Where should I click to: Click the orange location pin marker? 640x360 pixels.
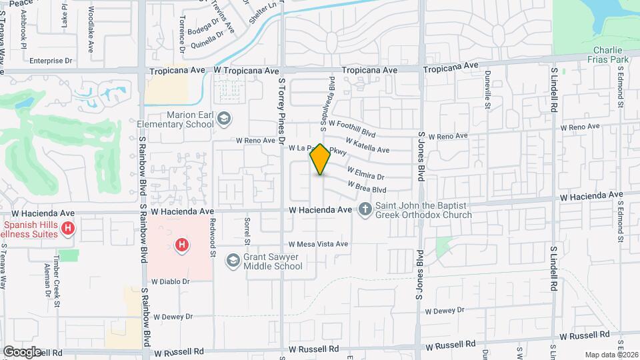tap(320, 159)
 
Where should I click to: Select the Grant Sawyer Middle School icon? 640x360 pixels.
tap(233, 259)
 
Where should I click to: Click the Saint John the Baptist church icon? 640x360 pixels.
tap(365, 209)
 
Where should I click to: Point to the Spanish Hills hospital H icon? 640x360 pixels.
tap(67, 229)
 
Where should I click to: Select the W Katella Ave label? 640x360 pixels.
tap(367, 145)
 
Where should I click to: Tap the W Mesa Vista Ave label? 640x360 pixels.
tap(318, 244)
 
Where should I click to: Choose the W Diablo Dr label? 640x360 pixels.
tap(171, 281)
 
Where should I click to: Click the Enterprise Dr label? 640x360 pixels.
tap(50, 61)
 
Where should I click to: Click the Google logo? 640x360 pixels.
tap(22, 351)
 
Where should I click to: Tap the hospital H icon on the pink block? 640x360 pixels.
tap(180, 246)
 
